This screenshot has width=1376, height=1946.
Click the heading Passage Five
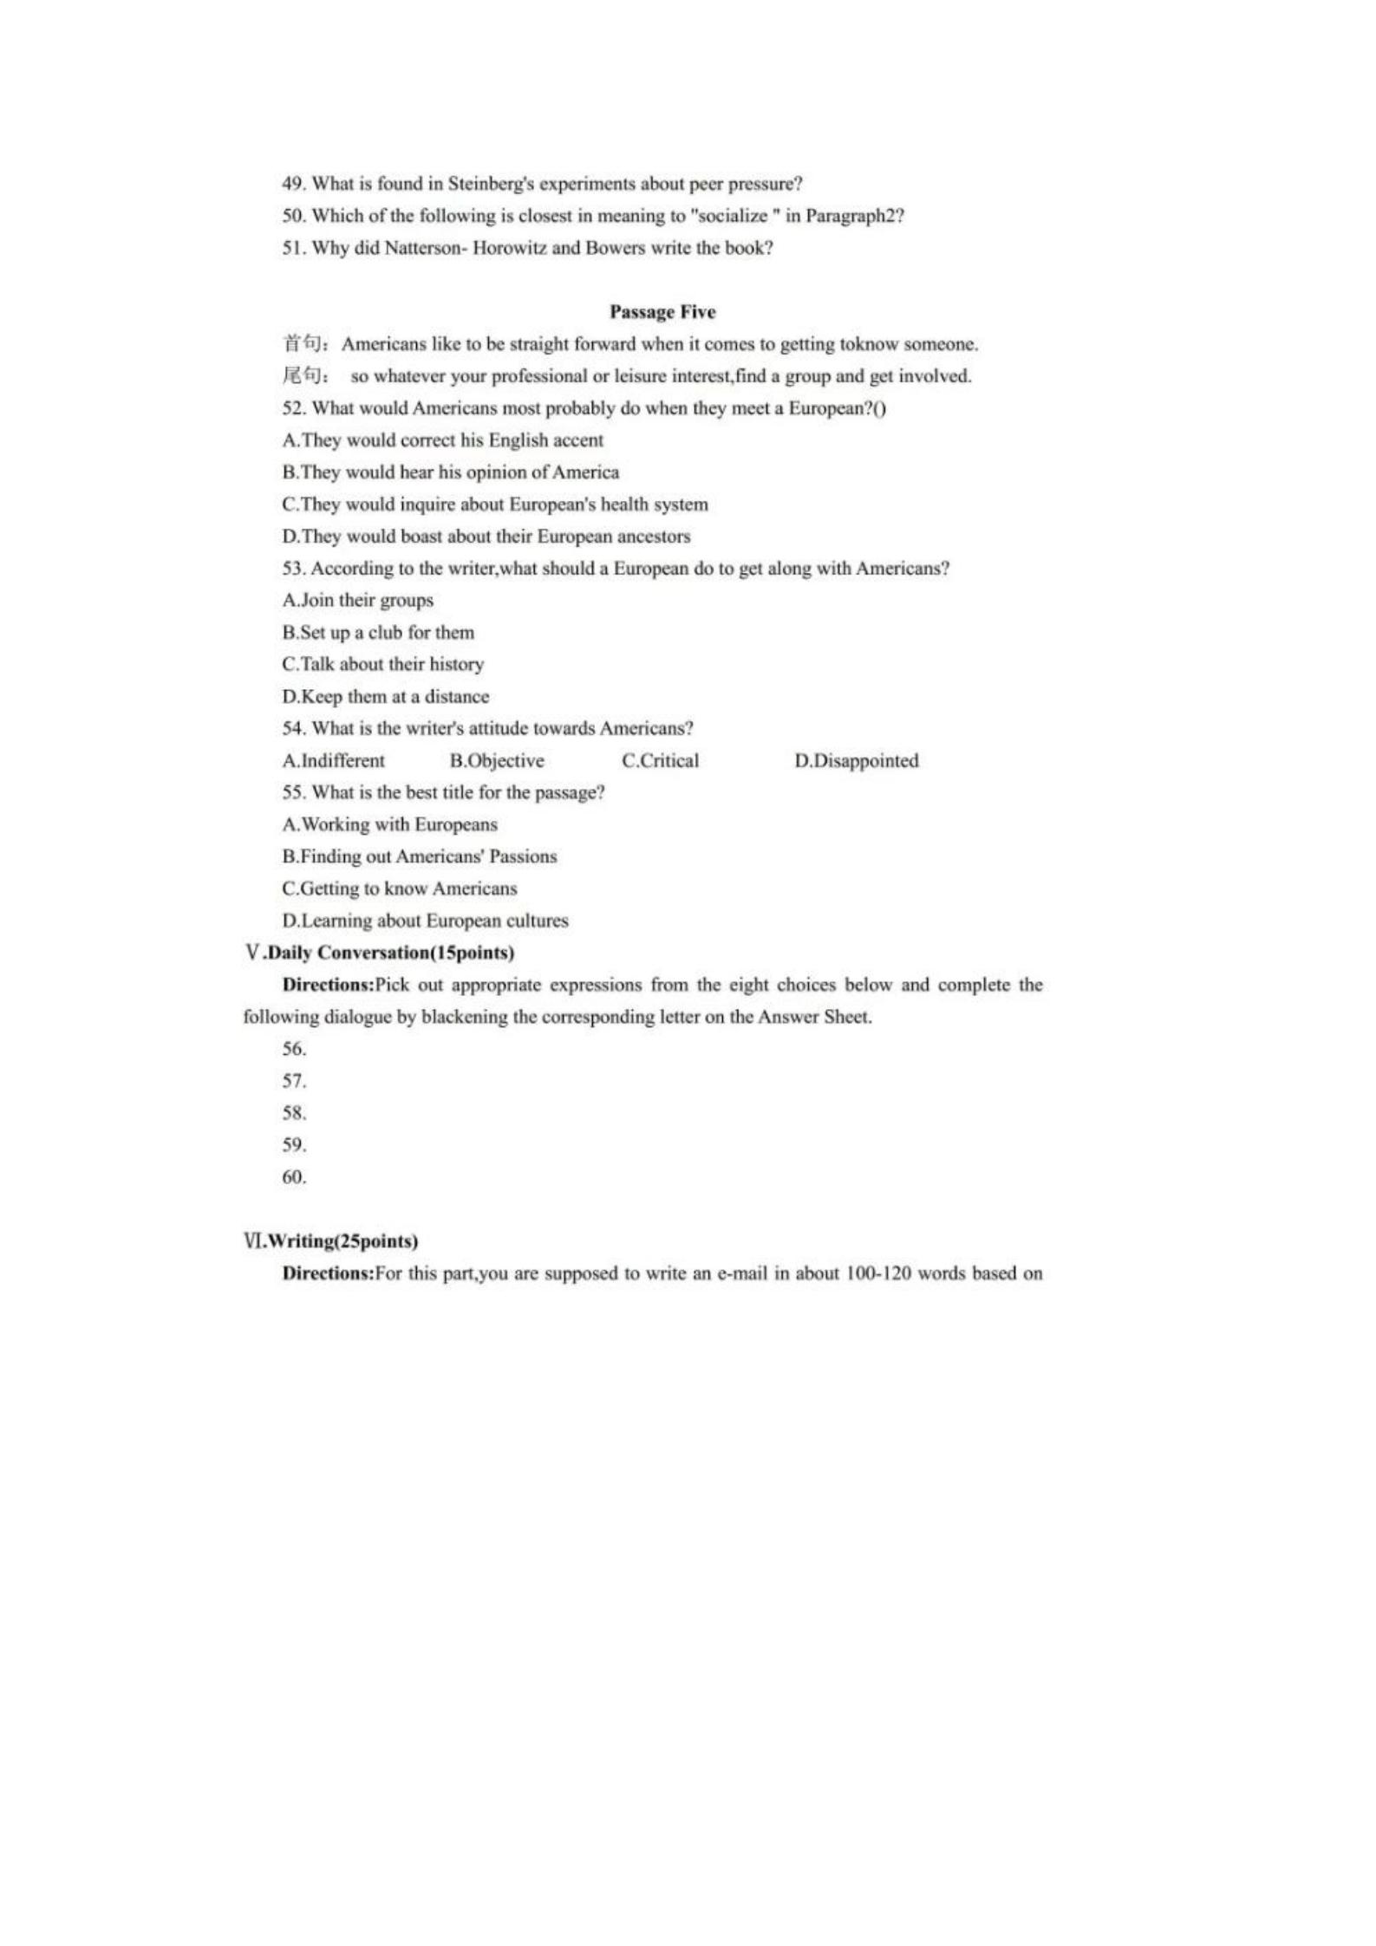(x=662, y=312)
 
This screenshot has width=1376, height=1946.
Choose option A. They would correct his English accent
(x=442, y=440)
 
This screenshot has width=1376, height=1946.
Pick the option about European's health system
(x=494, y=504)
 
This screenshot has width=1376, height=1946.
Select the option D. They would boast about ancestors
(x=486, y=537)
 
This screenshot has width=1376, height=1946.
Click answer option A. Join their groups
(x=357, y=601)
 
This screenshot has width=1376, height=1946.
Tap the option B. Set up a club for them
(x=378, y=633)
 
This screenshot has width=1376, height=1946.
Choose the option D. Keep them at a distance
(x=385, y=697)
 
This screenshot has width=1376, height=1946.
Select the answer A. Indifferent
(x=333, y=761)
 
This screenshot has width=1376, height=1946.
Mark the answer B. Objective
(x=497, y=761)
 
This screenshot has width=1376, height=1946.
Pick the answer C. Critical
(x=660, y=761)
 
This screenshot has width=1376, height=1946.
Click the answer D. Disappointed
(x=856, y=761)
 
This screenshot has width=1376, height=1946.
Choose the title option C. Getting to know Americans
(x=399, y=889)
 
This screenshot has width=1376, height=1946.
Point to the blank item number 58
(x=294, y=1113)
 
